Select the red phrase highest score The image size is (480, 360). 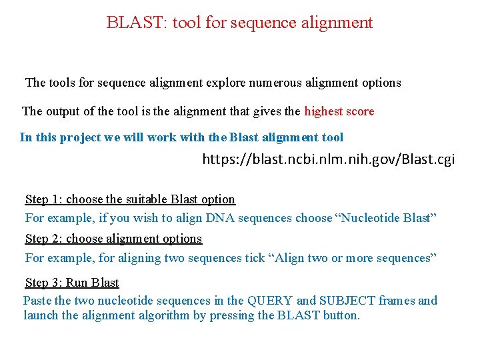(339, 111)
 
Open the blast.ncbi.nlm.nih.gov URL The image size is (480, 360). (329, 160)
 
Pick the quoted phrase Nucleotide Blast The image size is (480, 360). (385, 219)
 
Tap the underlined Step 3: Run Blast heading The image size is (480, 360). (72, 283)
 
